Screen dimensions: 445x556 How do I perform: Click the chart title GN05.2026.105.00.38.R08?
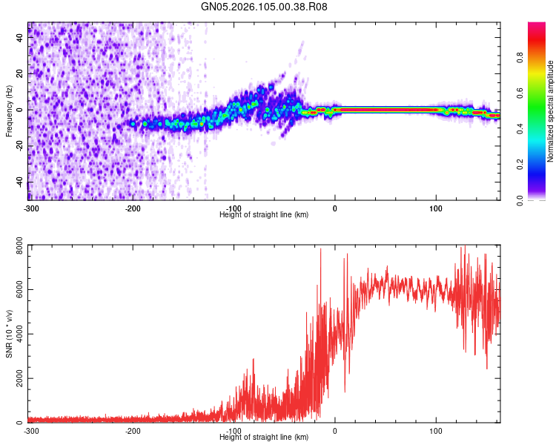pyautogui.click(x=265, y=7)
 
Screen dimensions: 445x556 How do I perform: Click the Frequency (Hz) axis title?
pyautogui.click(x=9, y=111)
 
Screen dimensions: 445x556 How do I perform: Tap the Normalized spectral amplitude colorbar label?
pyautogui.click(x=550, y=111)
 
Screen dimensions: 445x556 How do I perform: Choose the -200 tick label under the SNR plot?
pyautogui.click(x=133, y=430)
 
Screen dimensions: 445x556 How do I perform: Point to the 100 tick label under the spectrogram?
pyautogui.click(x=436, y=208)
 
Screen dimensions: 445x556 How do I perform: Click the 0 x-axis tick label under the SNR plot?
pyautogui.click(x=334, y=430)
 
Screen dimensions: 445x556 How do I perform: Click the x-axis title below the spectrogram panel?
pyautogui.click(x=264, y=214)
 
